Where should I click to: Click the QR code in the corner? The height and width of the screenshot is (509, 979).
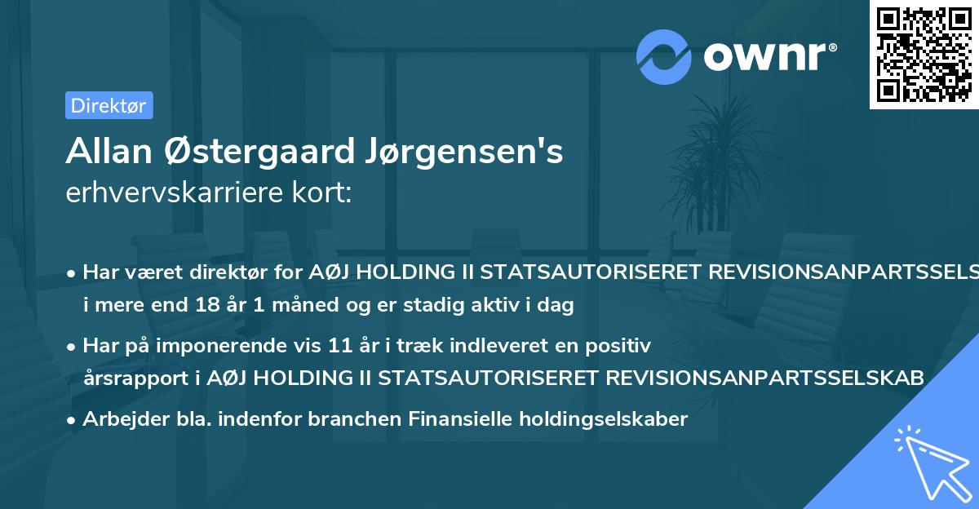tap(924, 55)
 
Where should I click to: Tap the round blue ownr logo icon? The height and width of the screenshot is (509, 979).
tap(665, 57)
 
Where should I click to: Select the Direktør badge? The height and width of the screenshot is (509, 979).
tap(109, 105)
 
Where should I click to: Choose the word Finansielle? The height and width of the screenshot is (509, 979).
tap(440, 419)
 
